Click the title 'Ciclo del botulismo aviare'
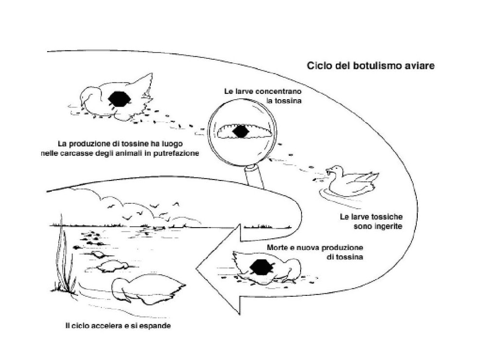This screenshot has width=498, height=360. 371,65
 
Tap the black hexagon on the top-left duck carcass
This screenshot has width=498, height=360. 119,99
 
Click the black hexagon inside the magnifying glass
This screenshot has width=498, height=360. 240,131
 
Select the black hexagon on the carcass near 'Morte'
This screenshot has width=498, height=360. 262,267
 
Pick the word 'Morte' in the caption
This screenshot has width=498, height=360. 277,248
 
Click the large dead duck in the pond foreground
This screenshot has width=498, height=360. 148,291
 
